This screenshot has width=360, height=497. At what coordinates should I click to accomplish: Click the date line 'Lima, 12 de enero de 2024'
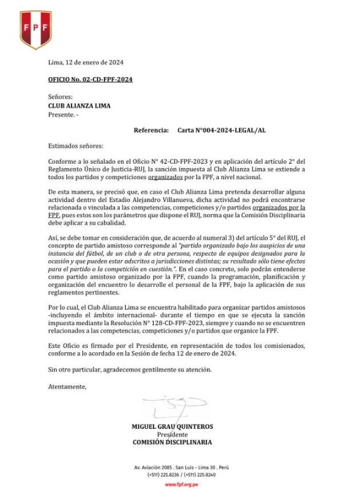(85, 62)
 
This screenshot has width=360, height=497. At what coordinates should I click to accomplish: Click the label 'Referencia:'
(152, 130)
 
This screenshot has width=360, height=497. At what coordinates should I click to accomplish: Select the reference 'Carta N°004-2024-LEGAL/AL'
(222, 130)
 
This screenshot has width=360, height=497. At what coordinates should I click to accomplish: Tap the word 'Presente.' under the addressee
(62, 115)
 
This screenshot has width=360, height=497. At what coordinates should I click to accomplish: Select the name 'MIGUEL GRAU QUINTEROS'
(172, 427)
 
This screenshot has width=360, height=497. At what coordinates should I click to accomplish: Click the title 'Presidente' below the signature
(172, 435)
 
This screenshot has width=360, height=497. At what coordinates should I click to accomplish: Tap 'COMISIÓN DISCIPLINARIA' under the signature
(172, 442)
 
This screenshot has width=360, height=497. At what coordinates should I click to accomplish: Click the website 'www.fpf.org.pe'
(181, 485)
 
